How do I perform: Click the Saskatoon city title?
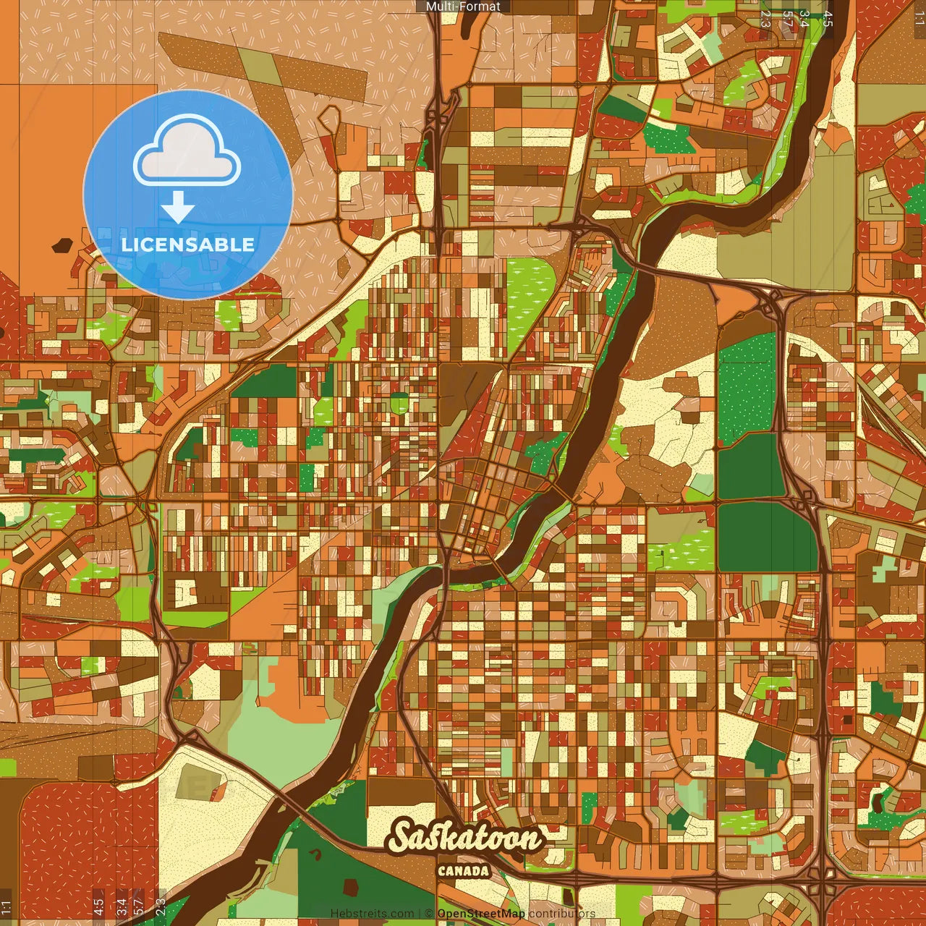click(465, 837)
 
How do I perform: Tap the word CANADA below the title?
click(464, 871)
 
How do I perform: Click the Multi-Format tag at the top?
click(463, 7)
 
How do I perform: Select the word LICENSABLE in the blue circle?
click(188, 245)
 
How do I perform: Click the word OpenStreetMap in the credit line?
click(481, 914)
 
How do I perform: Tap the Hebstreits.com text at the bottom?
click(373, 914)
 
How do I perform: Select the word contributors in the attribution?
click(562, 914)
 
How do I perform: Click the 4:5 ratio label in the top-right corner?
click(828, 19)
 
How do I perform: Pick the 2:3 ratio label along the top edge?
click(765, 19)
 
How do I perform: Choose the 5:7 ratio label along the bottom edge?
click(139, 906)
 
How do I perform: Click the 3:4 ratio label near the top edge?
click(804, 19)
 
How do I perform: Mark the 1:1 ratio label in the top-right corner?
click(919, 19)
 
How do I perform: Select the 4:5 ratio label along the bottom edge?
click(98, 906)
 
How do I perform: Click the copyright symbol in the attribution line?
click(428, 914)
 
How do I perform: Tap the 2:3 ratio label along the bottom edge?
click(161, 906)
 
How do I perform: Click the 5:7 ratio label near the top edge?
click(786, 19)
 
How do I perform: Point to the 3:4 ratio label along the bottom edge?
click(122, 906)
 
